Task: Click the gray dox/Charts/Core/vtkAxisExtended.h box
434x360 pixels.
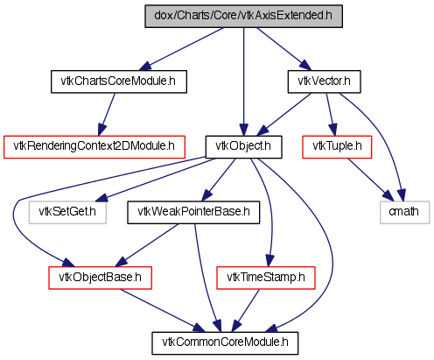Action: pyautogui.click(x=243, y=16)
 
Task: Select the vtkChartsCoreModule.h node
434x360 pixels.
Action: pyautogui.click(x=119, y=81)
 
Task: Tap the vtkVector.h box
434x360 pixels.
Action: pyautogui.click(x=324, y=81)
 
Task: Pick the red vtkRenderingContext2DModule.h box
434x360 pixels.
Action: pyautogui.click(x=94, y=147)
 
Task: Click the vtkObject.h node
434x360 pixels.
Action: pyautogui.click(x=243, y=147)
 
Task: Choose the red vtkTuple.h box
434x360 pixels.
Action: pyautogui.click(x=337, y=147)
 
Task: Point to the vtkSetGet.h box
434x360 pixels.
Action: pyautogui.click(x=67, y=213)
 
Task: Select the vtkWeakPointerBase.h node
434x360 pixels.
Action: pyautogui.click(x=193, y=213)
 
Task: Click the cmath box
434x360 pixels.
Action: pyautogui.click(x=404, y=213)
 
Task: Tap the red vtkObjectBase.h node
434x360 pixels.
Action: pyautogui.click(x=100, y=278)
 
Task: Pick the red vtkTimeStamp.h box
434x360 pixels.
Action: pyautogui.click(x=266, y=278)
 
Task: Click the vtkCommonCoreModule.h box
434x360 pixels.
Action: pyautogui.click(x=225, y=343)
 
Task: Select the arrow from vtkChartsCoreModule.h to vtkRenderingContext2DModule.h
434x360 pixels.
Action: pyautogui.click(x=107, y=115)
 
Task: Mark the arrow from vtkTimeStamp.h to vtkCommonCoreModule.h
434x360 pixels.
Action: pyautogui.click(x=246, y=311)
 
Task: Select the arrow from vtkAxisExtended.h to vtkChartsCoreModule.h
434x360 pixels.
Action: pyautogui.click(x=181, y=49)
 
